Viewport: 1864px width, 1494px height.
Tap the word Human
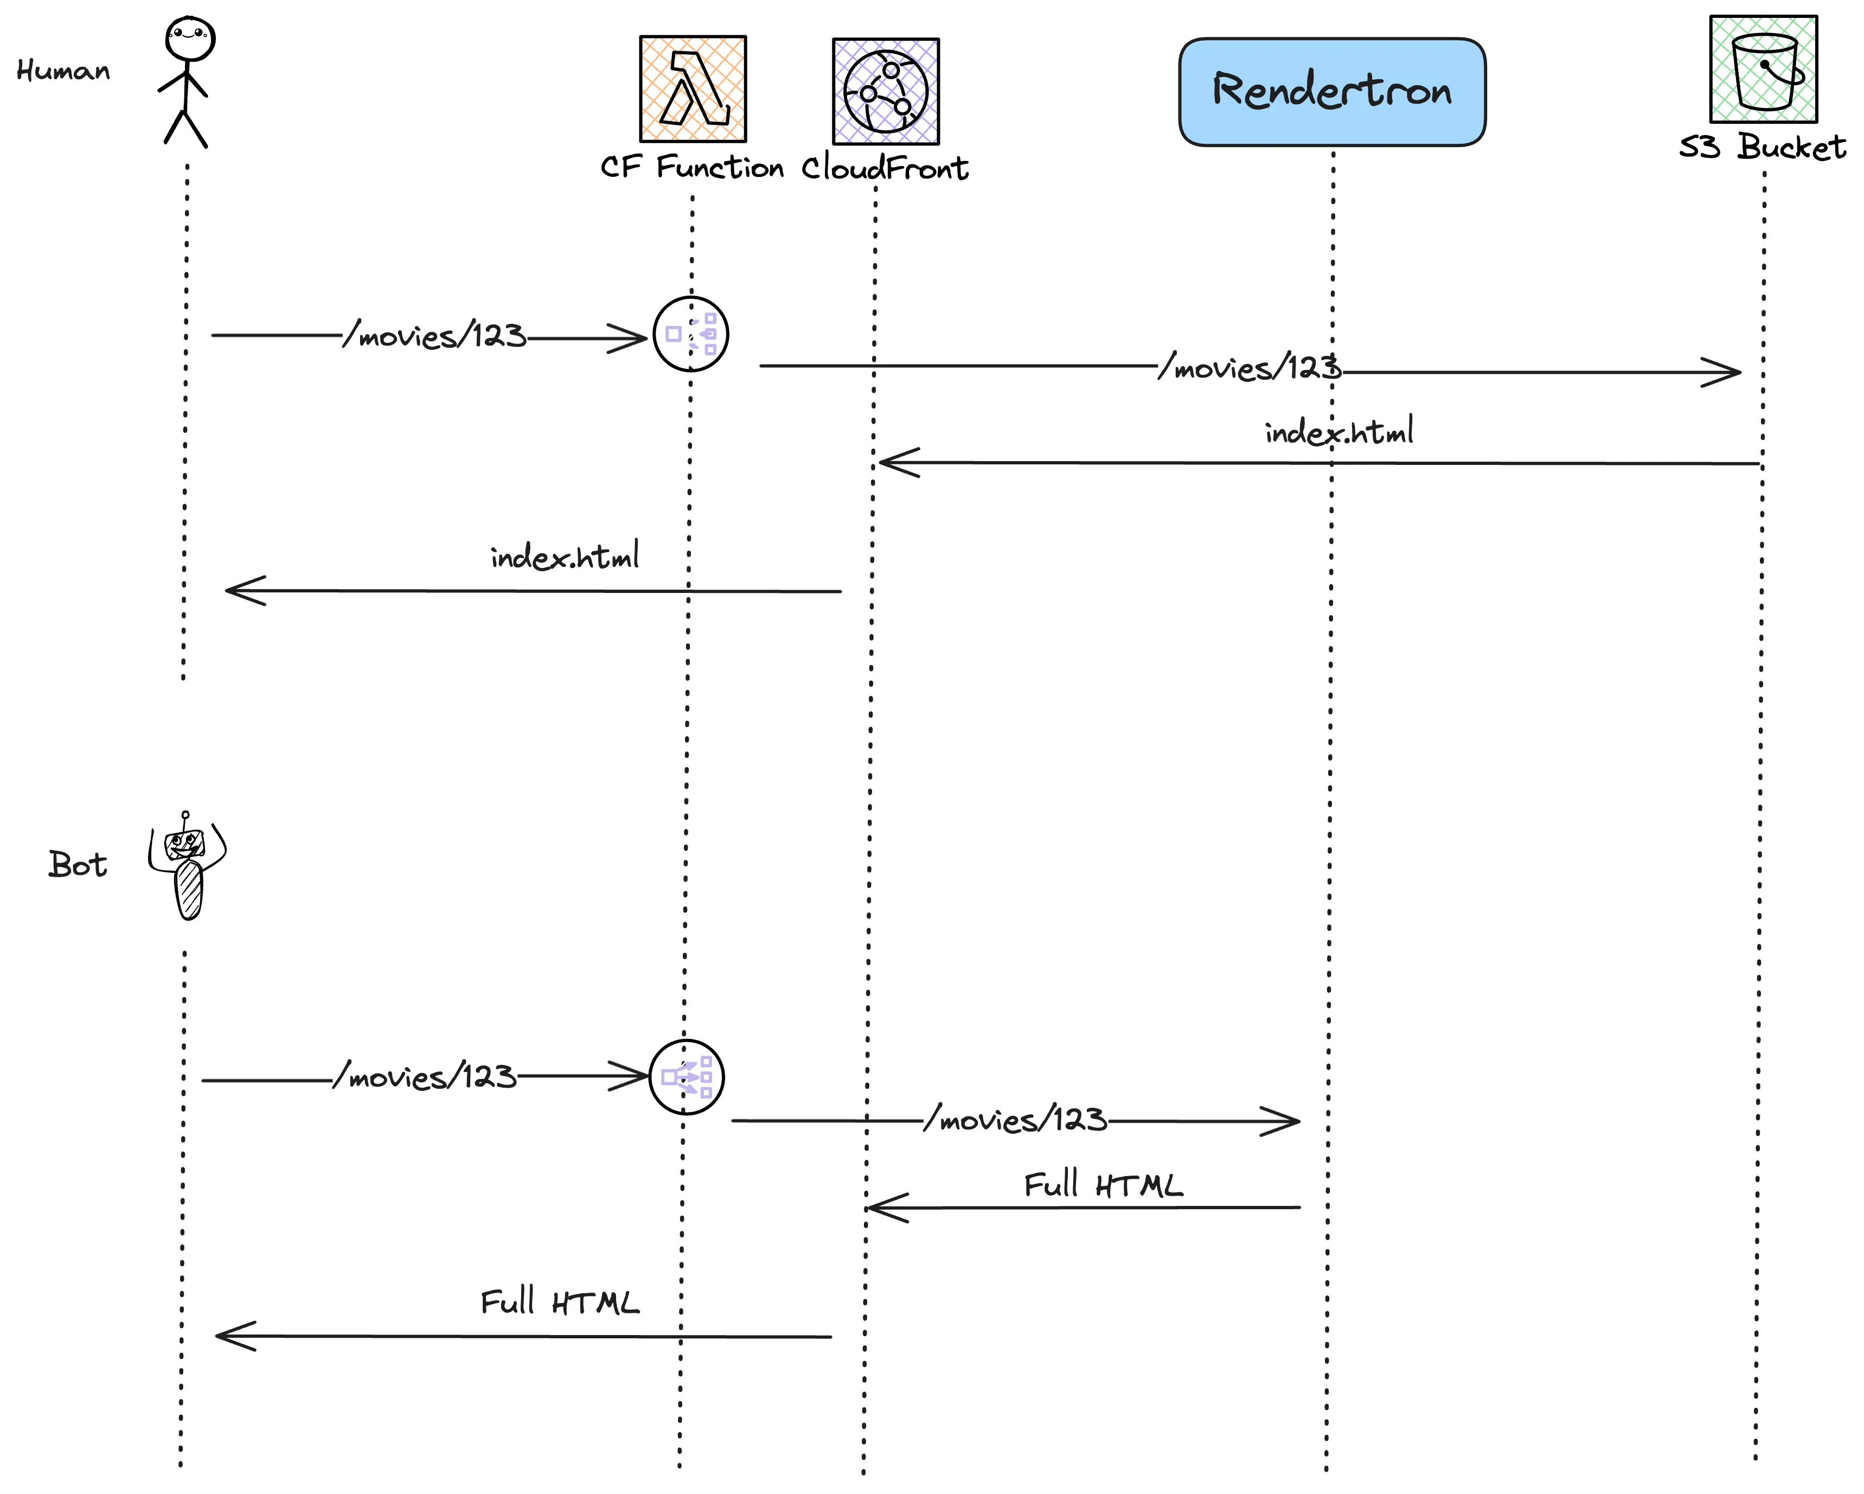pos(63,71)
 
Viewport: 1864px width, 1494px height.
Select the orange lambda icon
pos(693,89)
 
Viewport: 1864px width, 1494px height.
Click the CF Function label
pos(691,167)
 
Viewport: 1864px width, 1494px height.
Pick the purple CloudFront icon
pos(885,91)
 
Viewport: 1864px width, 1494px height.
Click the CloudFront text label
pos(885,168)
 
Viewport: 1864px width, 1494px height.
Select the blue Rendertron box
pos(1331,92)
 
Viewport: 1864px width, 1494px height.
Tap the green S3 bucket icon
pos(1763,69)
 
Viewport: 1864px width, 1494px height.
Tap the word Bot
pos(78,865)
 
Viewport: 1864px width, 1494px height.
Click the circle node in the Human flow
pos(691,334)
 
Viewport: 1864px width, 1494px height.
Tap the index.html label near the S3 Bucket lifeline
pos(1339,431)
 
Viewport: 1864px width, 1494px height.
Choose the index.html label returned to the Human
pos(565,557)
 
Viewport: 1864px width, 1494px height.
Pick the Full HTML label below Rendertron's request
pos(1103,1185)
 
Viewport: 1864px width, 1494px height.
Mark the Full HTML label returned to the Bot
pos(559,1302)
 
